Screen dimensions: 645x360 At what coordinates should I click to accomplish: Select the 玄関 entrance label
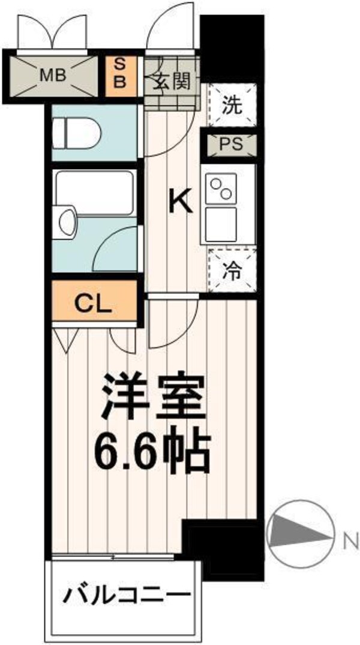click(x=174, y=81)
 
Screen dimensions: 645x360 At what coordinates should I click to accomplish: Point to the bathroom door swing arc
click(x=118, y=249)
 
